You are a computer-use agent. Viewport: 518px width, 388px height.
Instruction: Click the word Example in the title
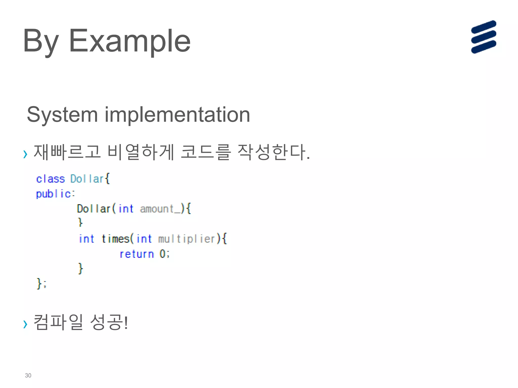(129, 41)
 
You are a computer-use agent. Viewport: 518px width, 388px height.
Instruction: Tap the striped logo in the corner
(483, 37)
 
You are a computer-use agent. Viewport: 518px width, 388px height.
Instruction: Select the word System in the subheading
(62, 115)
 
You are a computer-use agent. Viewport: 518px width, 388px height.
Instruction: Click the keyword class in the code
(50, 179)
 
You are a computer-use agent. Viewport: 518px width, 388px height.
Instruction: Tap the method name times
(116, 239)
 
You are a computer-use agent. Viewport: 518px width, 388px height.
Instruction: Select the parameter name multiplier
(187, 239)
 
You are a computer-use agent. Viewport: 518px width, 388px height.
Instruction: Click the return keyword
(137, 254)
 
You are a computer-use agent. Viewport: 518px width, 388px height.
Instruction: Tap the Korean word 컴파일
(58, 322)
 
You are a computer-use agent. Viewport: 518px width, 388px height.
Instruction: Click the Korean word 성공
(107, 322)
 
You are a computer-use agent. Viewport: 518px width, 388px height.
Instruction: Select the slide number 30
(28, 375)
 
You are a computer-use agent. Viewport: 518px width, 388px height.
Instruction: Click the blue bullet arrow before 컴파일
(25, 324)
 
